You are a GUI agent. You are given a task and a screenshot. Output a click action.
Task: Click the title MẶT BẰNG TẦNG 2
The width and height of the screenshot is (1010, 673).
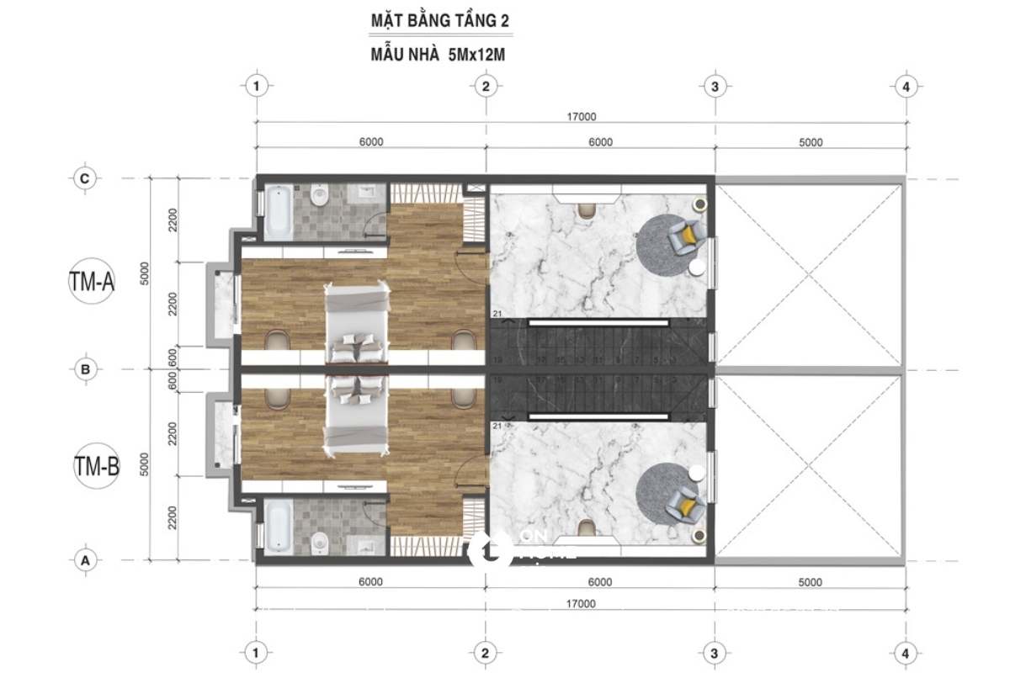point(439,19)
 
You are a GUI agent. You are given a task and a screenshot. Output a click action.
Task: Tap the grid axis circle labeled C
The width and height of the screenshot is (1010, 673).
point(84,178)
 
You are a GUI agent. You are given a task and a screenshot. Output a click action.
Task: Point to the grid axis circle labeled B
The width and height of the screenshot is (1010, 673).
point(84,368)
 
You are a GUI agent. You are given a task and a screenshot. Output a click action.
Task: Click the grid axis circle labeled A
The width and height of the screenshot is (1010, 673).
point(84,559)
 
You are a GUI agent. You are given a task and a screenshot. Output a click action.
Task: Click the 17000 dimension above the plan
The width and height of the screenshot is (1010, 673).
point(581,117)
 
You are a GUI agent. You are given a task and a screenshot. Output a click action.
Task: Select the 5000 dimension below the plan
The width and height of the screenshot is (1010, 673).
point(810,581)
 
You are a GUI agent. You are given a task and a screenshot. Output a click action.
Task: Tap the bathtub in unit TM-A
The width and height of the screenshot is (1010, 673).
point(277,213)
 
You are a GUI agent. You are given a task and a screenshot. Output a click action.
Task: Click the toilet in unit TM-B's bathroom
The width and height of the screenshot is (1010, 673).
point(319,543)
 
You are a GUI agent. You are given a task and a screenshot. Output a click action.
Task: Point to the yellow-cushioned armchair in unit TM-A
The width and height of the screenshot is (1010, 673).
point(683,236)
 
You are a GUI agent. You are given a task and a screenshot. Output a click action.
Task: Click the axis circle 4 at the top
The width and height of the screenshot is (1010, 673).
point(905,86)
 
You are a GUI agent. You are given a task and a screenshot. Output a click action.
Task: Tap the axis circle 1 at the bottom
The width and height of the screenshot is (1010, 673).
point(257,652)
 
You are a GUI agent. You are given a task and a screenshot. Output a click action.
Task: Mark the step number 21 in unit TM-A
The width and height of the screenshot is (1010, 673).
point(497,314)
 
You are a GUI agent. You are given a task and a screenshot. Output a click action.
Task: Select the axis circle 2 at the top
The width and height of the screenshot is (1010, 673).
point(485,86)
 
